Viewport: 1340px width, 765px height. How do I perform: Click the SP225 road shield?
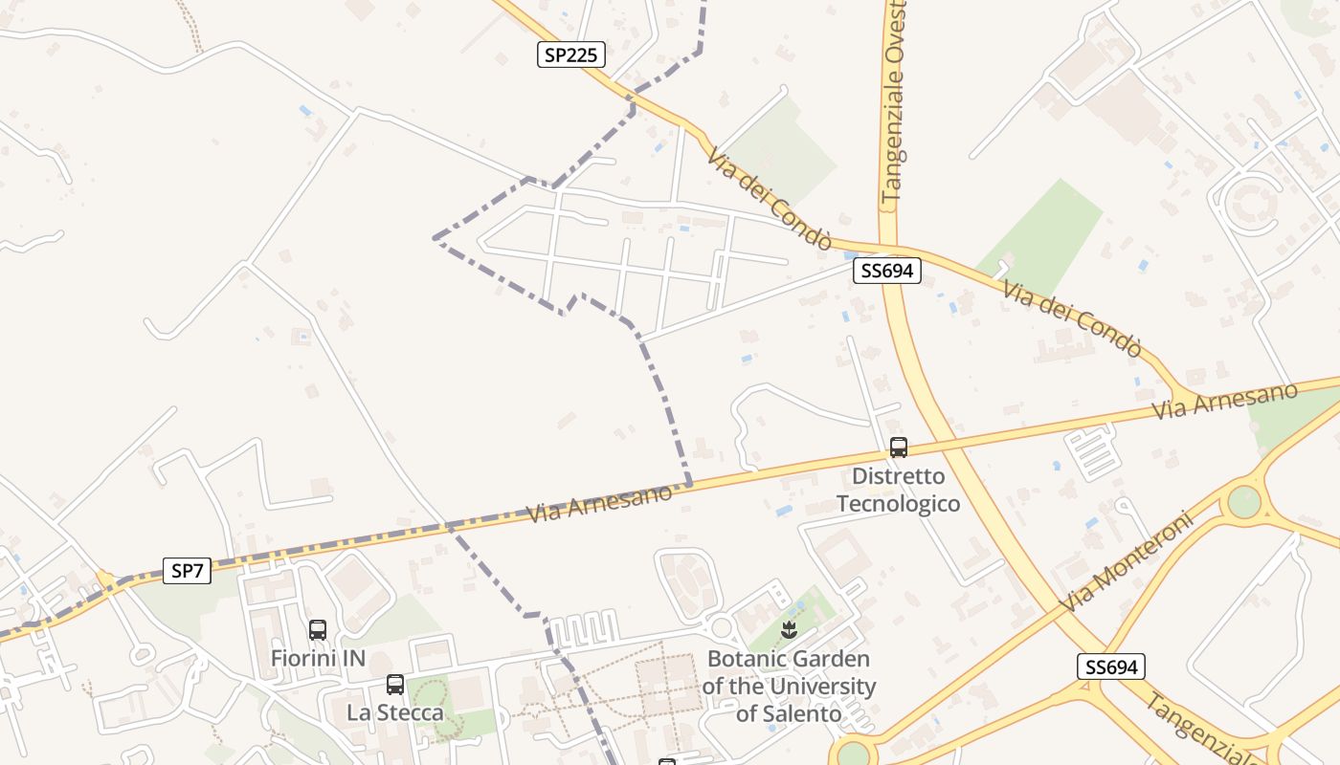click(x=570, y=55)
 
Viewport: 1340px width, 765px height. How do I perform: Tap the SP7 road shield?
click(x=187, y=571)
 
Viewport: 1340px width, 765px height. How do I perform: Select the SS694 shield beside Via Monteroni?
click(x=1110, y=667)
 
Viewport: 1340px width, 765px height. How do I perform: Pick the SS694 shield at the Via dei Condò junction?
click(x=887, y=271)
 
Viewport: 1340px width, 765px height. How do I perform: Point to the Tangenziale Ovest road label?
click(x=894, y=100)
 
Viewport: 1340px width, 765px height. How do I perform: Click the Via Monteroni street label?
click(x=1128, y=562)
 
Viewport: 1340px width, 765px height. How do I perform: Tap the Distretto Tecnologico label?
click(x=898, y=490)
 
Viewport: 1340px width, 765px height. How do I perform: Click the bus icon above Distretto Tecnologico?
click(x=898, y=447)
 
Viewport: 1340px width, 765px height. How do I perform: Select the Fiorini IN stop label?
click(x=318, y=658)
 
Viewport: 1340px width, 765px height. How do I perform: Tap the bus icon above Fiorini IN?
click(x=318, y=630)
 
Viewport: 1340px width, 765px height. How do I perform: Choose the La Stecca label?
click(x=395, y=712)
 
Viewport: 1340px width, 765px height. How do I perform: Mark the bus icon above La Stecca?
click(x=394, y=685)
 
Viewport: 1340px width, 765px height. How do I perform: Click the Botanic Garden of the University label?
click(x=789, y=686)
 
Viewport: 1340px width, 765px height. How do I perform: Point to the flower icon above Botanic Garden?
click(x=789, y=629)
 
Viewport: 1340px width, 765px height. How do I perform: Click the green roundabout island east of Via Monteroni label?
click(x=1243, y=502)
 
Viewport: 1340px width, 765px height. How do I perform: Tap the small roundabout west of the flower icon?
click(x=723, y=627)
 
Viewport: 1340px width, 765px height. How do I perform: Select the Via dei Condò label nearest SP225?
click(x=770, y=197)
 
